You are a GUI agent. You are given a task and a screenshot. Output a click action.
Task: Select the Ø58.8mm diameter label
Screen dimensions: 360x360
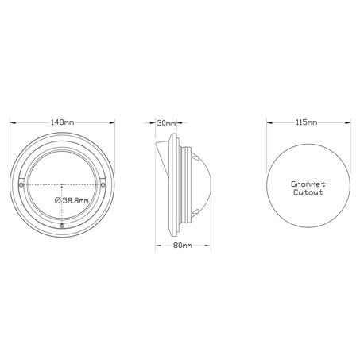72,200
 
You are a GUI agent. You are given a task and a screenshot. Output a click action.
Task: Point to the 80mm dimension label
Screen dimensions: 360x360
182,246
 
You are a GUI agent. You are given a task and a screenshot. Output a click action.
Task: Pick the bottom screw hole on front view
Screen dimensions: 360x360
64,225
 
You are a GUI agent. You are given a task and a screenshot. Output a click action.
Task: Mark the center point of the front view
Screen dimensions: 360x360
64,184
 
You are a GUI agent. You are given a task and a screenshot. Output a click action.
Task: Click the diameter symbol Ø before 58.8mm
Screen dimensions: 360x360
58,200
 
